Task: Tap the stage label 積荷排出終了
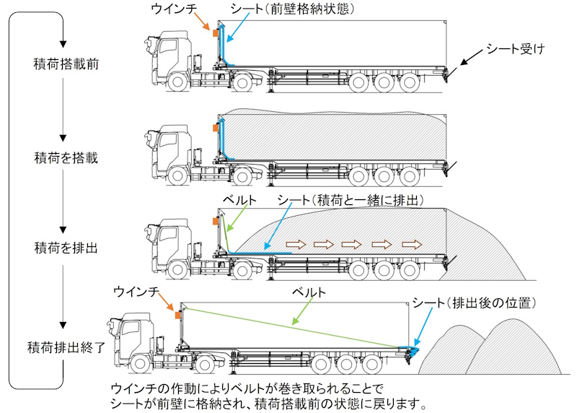pos(66,346)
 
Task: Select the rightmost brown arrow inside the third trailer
pos(410,243)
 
